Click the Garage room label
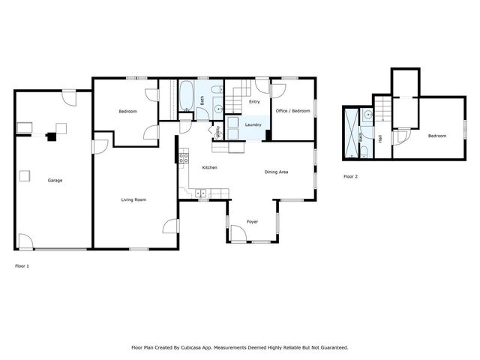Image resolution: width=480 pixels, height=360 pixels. pyautogui.click(x=55, y=181)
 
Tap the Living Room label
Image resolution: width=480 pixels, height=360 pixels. pyautogui.click(x=133, y=199)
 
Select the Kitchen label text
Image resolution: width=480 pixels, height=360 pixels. pyautogui.click(x=209, y=167)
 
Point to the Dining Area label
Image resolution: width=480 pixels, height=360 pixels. pyautogui.click(x=277, y=172)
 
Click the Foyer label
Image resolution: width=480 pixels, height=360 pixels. pyautogui.click(x=253, y=222)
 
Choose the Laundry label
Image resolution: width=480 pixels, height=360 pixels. pyautogui.click(x=253, y=124)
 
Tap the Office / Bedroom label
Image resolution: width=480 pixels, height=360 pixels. pyautogui.click(x=292, y=111)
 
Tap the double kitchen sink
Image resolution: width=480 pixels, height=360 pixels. pyautogui.click(x=201, y=193)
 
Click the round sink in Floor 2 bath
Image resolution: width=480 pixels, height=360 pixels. pyautogui.click(x=367, y=115)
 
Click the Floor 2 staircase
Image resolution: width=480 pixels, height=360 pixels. pyautogui.click(x=382, y=111)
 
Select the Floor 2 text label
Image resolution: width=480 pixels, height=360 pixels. pyautogui.click(x=350, y=176)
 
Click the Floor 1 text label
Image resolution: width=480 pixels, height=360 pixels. pyautogui.click(x=22, y=265)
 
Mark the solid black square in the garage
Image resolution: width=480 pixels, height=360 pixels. pyautogui.click(x=51, y=136)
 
